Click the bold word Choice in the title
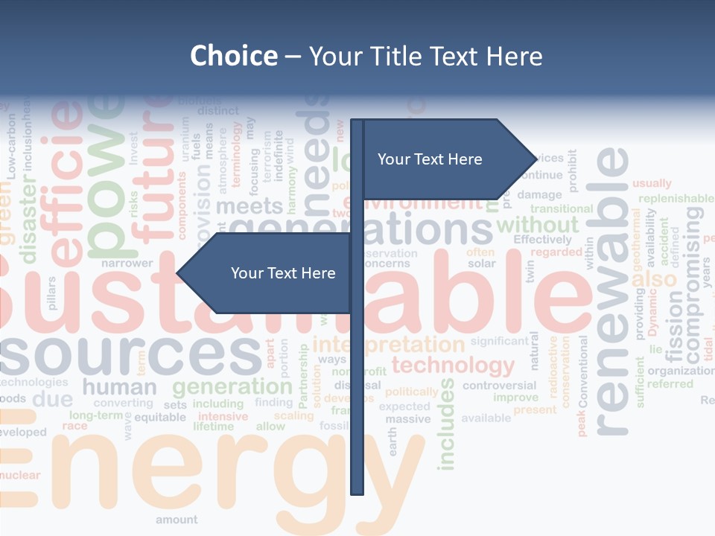click(x=233, y=56)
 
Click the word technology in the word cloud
click(x=453, y=366)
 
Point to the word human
click(x=119, y=387)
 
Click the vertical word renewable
click(x=612, y=290)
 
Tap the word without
click(x=537, y=224)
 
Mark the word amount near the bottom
click(x=177, y=520)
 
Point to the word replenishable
click(x=676, y=198)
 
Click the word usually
click(x=652, y=183)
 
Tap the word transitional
click(x=561, y=209)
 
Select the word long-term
click(x=96, y=415)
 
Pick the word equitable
click(x=160, y=417)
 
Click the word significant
click(x=499, y=341)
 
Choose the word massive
click(x=407, y=419)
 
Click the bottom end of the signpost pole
click(x=357, y=491)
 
